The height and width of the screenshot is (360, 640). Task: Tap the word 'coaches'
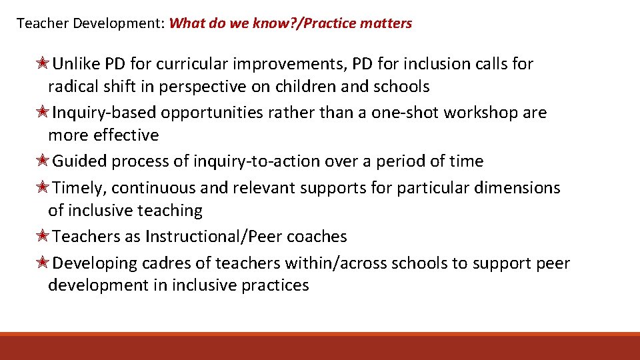[x=323, y=237]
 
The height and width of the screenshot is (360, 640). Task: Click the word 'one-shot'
[x=404, y=113]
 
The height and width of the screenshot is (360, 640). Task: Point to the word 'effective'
[x=127, y=135]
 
